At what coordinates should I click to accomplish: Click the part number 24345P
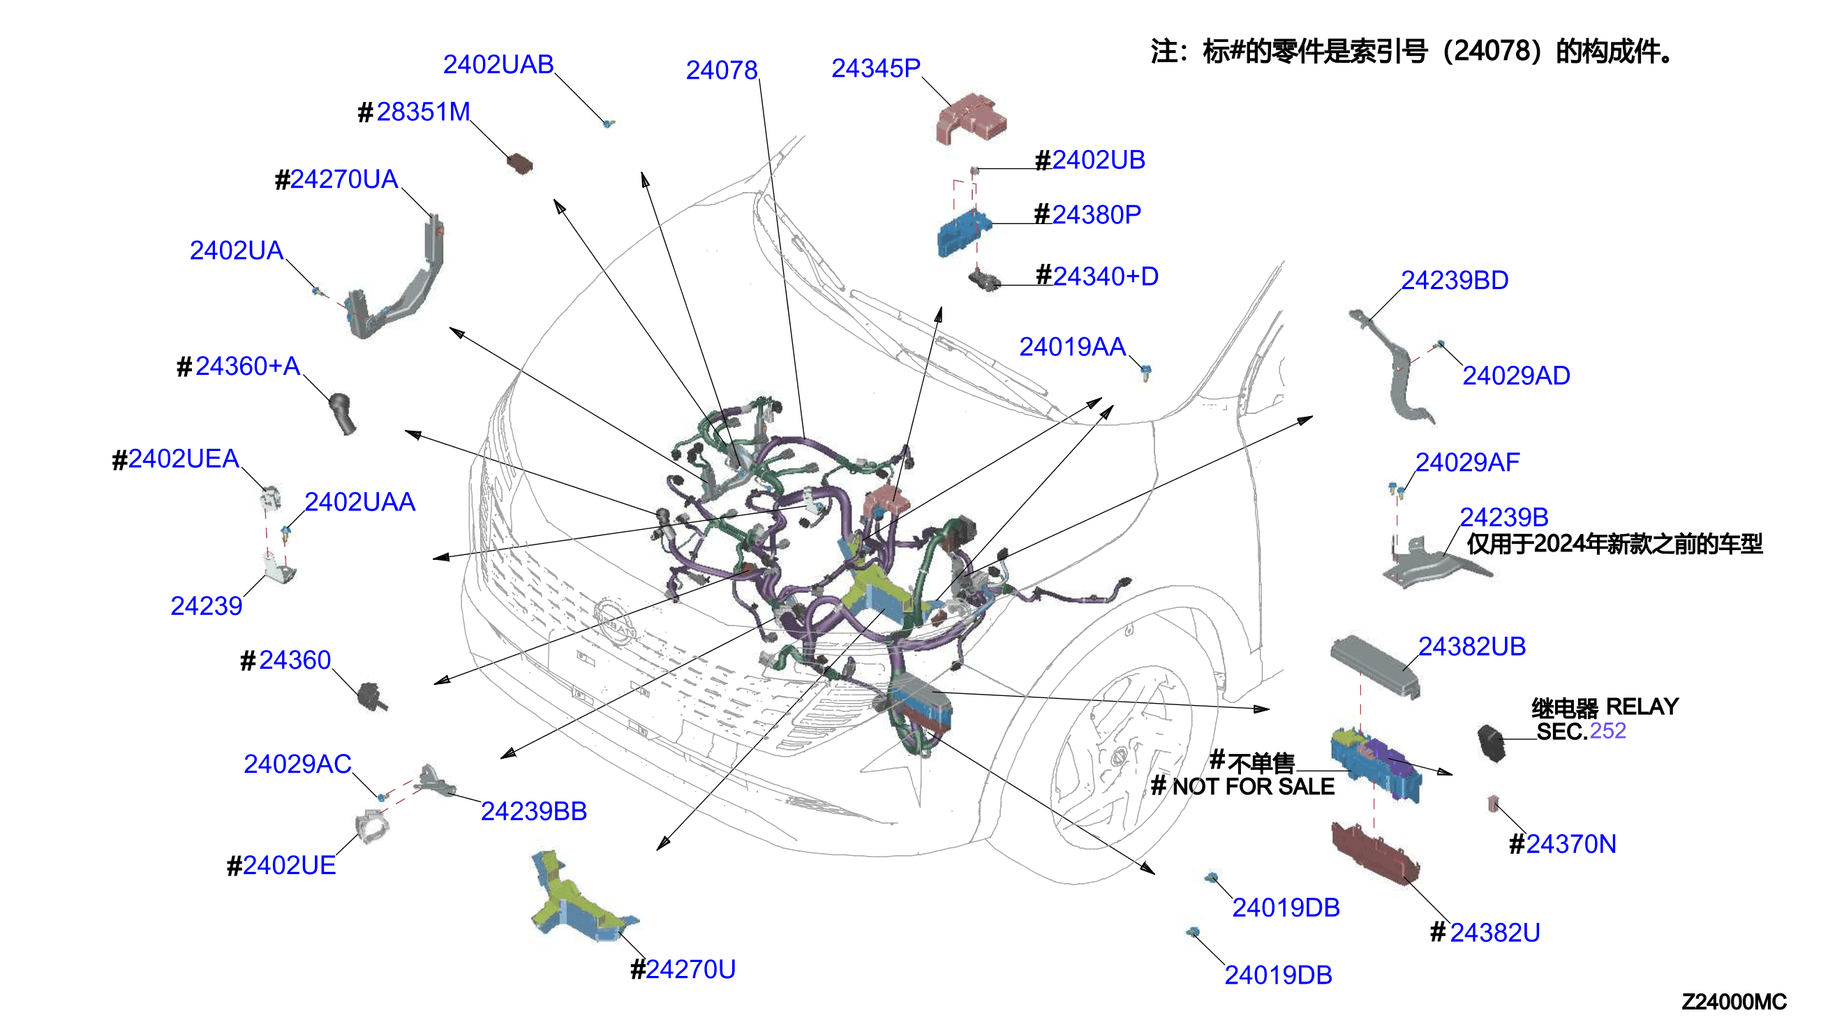click(875, 68)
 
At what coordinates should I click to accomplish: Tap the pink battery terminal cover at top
click(971, 119)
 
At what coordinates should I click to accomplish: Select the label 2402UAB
click(498, 65)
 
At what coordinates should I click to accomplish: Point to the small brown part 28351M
click(519, 163)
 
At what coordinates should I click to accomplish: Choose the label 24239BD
click(1454, 281)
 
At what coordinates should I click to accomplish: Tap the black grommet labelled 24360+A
click(342, 413)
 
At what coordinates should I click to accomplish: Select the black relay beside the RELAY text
click(1491, 743)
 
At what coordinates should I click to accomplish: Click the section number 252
click(1607, 731)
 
